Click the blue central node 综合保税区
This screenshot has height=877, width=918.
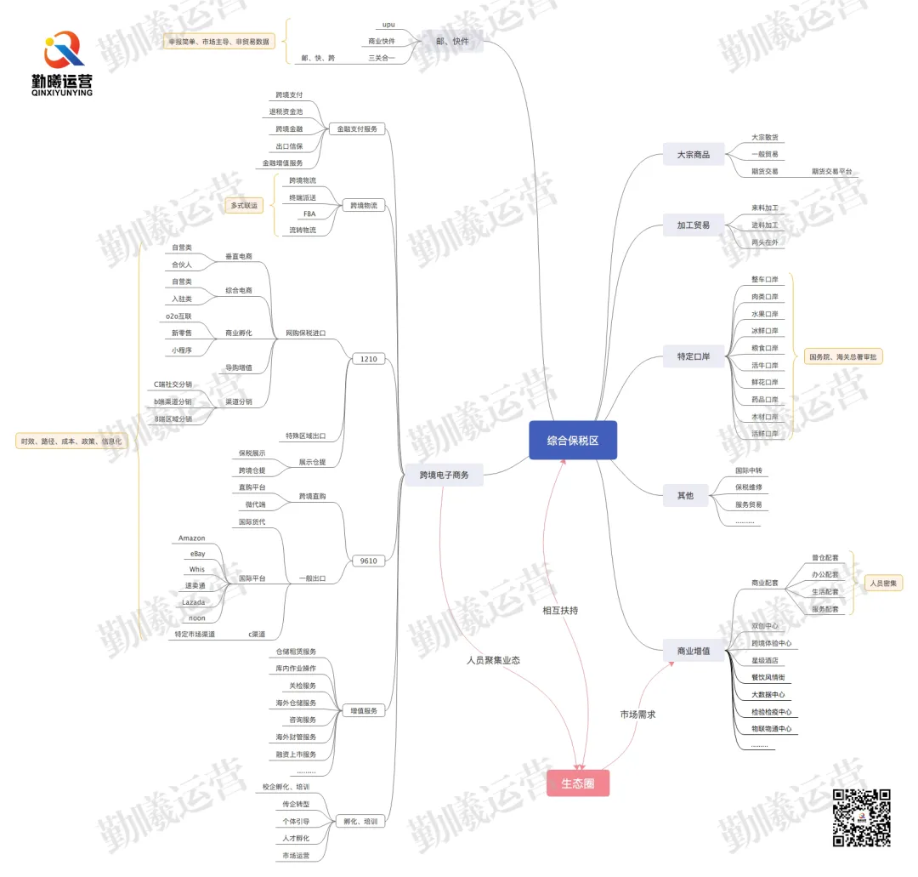click(572, 440)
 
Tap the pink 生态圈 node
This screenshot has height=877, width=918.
click(578, 783)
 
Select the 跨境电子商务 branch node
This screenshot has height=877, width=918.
click(444, 475)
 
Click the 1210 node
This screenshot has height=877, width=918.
click(368, 359)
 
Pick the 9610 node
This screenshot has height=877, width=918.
click(368, 561)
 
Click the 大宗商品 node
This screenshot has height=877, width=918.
click(693, 155)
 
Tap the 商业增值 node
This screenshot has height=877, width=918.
click(693, 652)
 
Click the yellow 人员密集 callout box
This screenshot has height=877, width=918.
click(885, 584)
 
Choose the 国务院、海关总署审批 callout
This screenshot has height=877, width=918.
click(843, 356)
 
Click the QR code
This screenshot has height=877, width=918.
click(861, 817)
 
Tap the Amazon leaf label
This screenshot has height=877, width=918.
click(191, 538)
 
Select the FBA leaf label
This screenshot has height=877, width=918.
click(309, 214)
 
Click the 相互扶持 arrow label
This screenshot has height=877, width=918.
click(560, 610)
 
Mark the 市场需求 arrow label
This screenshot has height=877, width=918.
click(637, 715)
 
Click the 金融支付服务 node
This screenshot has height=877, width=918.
click(357, 129)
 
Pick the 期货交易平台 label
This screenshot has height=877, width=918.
click(831, 171)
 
